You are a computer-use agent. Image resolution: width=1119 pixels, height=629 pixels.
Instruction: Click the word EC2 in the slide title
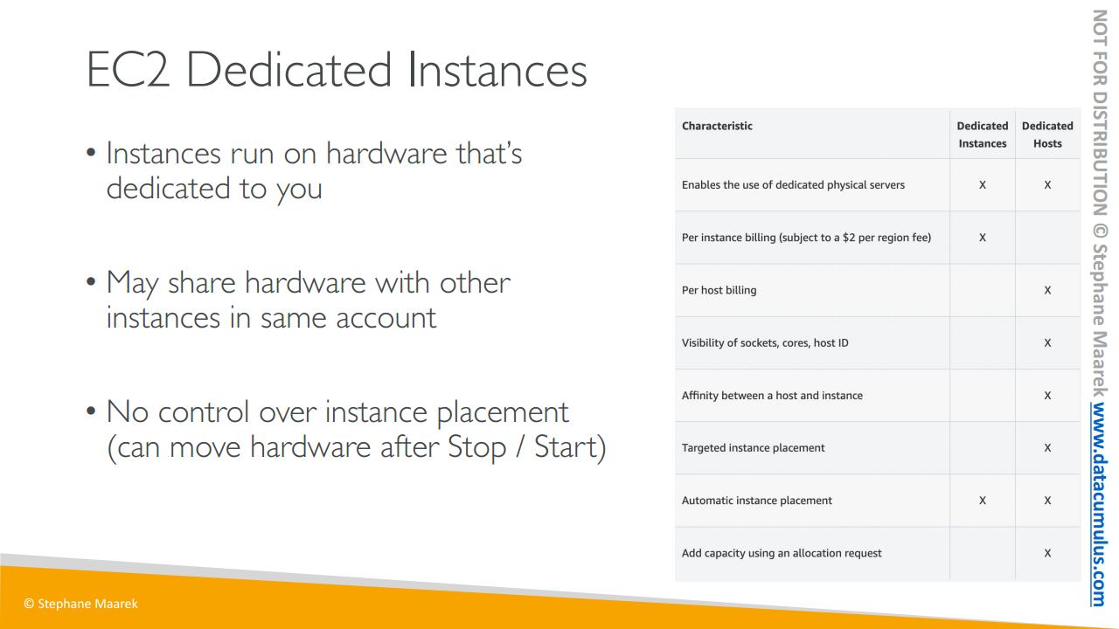click(128, 70)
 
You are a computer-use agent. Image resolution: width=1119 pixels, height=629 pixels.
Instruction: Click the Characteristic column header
click(717, 126)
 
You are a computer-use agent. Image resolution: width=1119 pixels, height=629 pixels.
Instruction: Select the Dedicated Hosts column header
click(1047, 135)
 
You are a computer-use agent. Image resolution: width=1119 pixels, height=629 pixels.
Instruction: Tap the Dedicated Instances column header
click(982, 135)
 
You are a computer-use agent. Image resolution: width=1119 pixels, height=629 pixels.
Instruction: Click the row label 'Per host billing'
click(719, 290)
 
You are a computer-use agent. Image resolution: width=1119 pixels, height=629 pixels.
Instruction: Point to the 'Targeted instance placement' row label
click(753, 448)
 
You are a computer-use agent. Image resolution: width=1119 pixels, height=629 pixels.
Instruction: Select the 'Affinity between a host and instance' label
click(772, 396)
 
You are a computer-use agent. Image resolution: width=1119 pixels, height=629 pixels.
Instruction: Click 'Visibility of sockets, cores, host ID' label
click(765, 343)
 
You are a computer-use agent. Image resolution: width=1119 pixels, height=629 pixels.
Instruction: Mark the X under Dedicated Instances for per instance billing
click(982, 238)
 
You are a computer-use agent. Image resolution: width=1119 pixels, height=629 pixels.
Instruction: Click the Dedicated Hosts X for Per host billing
click(1047, 290)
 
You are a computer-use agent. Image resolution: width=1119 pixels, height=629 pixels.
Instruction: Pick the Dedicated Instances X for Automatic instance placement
click(982, 501)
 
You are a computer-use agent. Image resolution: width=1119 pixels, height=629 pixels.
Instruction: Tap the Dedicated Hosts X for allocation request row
click(1047, 553)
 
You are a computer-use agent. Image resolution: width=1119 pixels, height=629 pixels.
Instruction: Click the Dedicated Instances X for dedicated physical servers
click(982, 184)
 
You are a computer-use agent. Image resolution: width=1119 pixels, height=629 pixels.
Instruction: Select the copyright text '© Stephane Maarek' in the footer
click(80, 604)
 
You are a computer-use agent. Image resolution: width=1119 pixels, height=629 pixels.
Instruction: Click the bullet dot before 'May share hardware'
click(91, 282)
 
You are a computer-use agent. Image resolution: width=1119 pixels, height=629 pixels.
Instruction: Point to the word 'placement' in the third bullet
click(503, 413)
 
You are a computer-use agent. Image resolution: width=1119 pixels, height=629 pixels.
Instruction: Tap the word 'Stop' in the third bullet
click(476, 446)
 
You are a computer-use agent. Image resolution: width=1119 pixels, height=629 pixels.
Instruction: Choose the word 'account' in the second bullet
click(386, 318)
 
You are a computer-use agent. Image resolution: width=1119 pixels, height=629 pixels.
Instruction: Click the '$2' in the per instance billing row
click(849, 238)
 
